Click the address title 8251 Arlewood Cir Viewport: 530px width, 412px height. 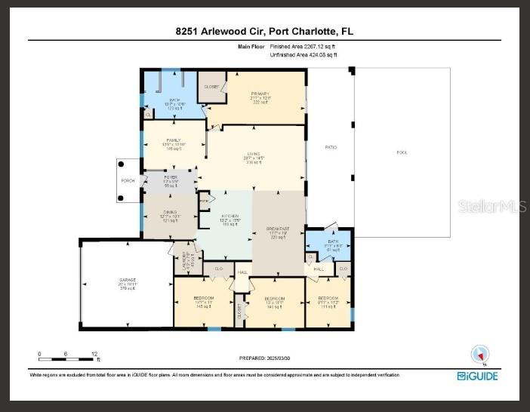[x=264, y=32]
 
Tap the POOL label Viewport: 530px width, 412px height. [x=402, y=152]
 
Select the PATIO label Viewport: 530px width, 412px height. [x=331, y=147]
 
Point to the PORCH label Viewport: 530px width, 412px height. [x=128, y=180]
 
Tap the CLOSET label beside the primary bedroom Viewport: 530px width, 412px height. [x=211, y=87]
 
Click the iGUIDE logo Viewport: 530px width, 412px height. [x=477, y=375]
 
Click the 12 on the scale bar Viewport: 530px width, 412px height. [x=94, y=353]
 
